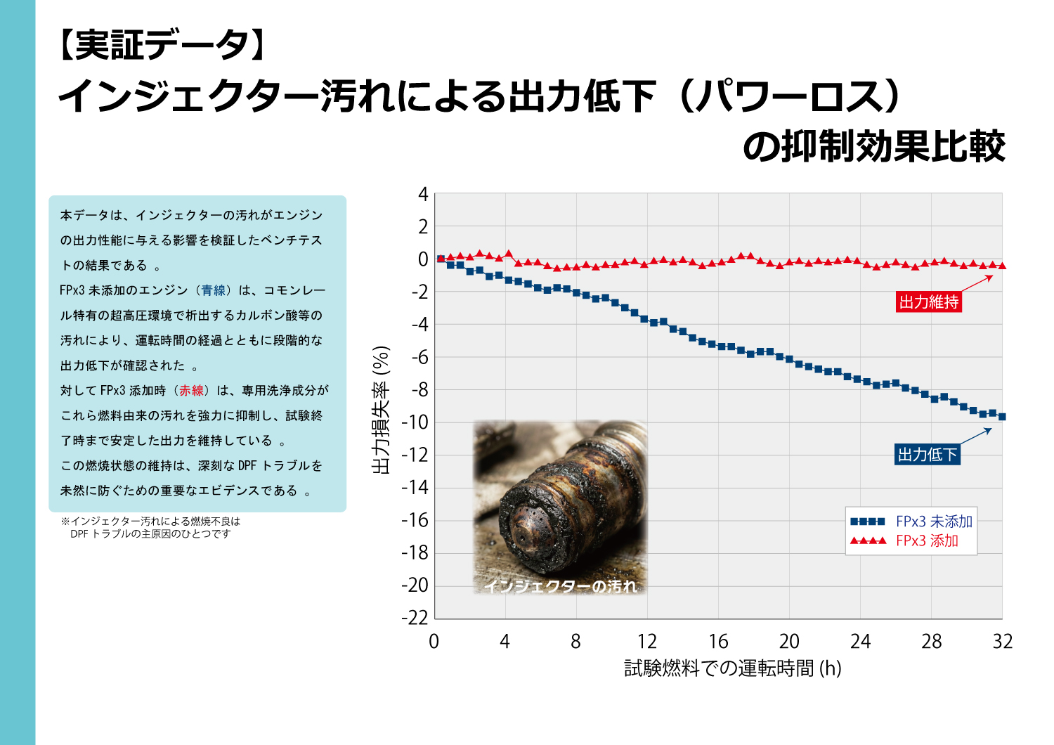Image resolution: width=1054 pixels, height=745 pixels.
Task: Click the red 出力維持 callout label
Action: tap(928, 302)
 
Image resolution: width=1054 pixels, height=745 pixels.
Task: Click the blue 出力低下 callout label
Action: tap(928, 455)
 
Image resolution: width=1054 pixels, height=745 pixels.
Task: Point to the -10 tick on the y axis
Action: tap(415, 422)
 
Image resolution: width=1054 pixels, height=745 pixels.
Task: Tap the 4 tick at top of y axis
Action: tap(423, 194)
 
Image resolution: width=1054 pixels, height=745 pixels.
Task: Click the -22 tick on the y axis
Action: tap(415, 618)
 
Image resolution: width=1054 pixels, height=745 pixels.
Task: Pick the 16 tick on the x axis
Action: tap(717, 641)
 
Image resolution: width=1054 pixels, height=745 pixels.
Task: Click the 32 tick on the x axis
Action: tap(1002, 641)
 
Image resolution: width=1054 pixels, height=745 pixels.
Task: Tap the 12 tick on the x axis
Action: tap(646, 641)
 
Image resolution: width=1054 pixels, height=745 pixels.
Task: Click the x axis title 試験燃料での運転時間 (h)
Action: tap(732, 668)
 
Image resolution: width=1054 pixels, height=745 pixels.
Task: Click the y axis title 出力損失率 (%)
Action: tap(381, 410)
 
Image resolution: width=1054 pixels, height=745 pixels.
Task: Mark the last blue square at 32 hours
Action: tap(1002, 417)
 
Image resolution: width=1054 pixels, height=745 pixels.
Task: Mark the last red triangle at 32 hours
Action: tap(1002, 266)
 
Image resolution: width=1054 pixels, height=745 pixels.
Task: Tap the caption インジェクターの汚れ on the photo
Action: tap(560, 586)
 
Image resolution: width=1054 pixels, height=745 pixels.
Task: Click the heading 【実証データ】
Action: tap(162, 46)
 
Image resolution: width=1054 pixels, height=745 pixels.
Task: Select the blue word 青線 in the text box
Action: tap(214, 290)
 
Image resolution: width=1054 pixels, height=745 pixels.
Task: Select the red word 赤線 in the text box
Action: tap(191, 391)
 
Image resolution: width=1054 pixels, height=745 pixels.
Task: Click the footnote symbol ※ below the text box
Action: tap(65, 521)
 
